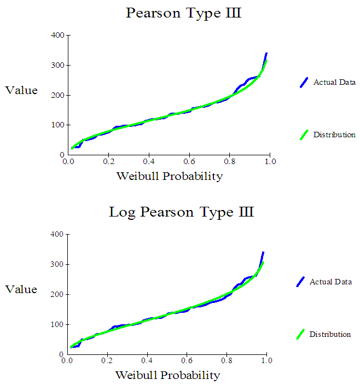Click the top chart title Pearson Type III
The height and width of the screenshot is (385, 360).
(183, 13)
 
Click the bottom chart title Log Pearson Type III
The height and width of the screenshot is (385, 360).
(181, 212)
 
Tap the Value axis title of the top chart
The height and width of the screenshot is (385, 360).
(22, 90)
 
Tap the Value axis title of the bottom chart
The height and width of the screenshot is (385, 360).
(22, 289)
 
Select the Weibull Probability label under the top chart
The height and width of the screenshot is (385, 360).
(169, 176)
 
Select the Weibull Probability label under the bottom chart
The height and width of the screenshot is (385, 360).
(167, 375)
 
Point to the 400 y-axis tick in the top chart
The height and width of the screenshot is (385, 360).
(57, 36)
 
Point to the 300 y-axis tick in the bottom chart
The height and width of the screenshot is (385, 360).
(57, 265)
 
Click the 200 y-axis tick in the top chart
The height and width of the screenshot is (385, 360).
(57, 96)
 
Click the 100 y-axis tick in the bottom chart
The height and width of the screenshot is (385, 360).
(57, 324)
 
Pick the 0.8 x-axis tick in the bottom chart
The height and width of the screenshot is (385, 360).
(227, 361)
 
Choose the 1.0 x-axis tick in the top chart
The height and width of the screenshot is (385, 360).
(270, 162)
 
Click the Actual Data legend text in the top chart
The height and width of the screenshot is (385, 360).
(334, 83)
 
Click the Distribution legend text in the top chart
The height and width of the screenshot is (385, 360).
(334, 135)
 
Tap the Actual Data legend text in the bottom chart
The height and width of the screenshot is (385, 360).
(330, 282)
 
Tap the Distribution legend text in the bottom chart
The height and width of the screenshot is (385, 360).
(330, 334)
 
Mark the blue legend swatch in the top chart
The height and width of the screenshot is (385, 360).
(304, 83)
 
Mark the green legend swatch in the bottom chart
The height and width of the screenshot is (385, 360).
(300, 334)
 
